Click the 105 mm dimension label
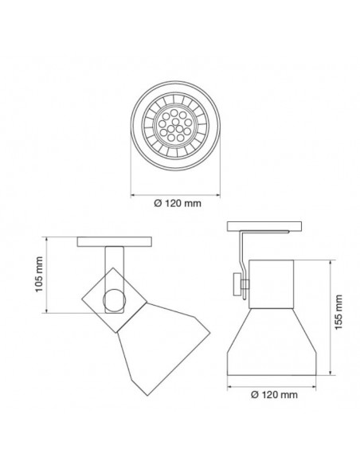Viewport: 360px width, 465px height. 39,275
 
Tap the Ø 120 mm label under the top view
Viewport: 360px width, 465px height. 176,203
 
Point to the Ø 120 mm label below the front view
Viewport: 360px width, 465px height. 274,393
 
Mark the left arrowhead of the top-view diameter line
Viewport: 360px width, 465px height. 133,190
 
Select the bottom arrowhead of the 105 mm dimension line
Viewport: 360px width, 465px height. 49,311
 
